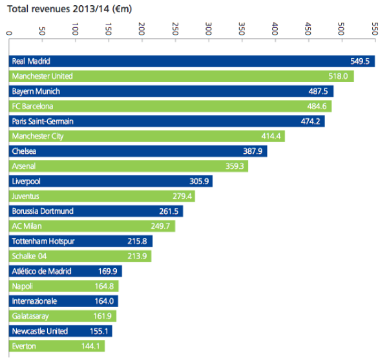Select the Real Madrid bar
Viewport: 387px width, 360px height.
pyautogui.click(x=192, y=61)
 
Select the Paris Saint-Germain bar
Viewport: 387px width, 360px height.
pyautogui.click(x=167, y=121)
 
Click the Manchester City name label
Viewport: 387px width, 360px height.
pyautogui.click(x=37, y=136)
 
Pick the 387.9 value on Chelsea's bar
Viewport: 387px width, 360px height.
pyautogui.click(x=254, y=151)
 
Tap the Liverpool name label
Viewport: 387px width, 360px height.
pyautogui.click(x=26, y=181)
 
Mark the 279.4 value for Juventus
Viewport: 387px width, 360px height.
pyautogui.click(x=183, y=196)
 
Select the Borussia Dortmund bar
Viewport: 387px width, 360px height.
pyautogui.click(x=96, y=211)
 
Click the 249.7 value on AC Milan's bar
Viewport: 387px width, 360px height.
pyautogui.click(x=164, y=226)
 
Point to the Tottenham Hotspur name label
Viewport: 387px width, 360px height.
pyautogui.click(x=42, y=241)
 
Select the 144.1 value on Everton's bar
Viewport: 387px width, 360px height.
pyautogui.click(x=91, y=346)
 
